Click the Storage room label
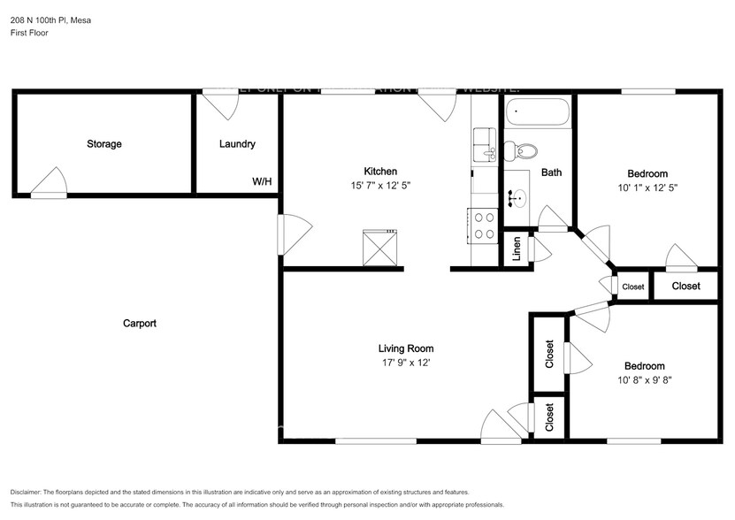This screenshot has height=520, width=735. (x=103, y=144)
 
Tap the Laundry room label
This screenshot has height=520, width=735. (x=237, y=144)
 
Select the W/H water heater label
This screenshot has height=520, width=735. (x=262, y=181)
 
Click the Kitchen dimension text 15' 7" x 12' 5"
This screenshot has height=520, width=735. (x=380, y=187)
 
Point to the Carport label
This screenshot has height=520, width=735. (x=139, y=324)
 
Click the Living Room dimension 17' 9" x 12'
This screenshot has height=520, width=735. (x=405, y=363)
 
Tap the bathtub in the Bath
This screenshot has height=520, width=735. (x=537, y=114)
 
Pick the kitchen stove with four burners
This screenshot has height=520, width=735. (x=484, y=226)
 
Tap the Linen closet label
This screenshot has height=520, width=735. (x=516, y=250)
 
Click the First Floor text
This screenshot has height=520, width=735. (x=29, y=33)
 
